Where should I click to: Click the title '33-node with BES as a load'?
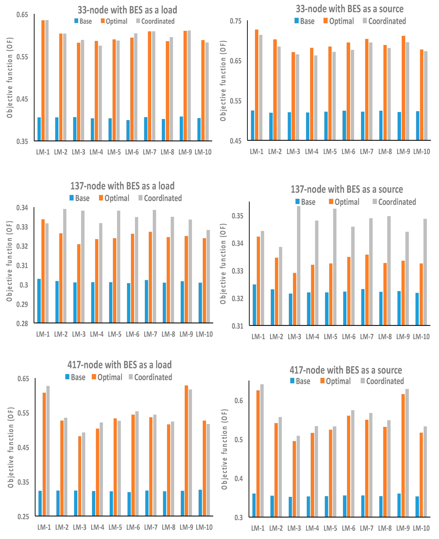127,10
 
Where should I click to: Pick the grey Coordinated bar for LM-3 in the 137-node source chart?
299,265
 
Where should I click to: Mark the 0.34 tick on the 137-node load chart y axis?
22,208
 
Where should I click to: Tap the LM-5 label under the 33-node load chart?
114,152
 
